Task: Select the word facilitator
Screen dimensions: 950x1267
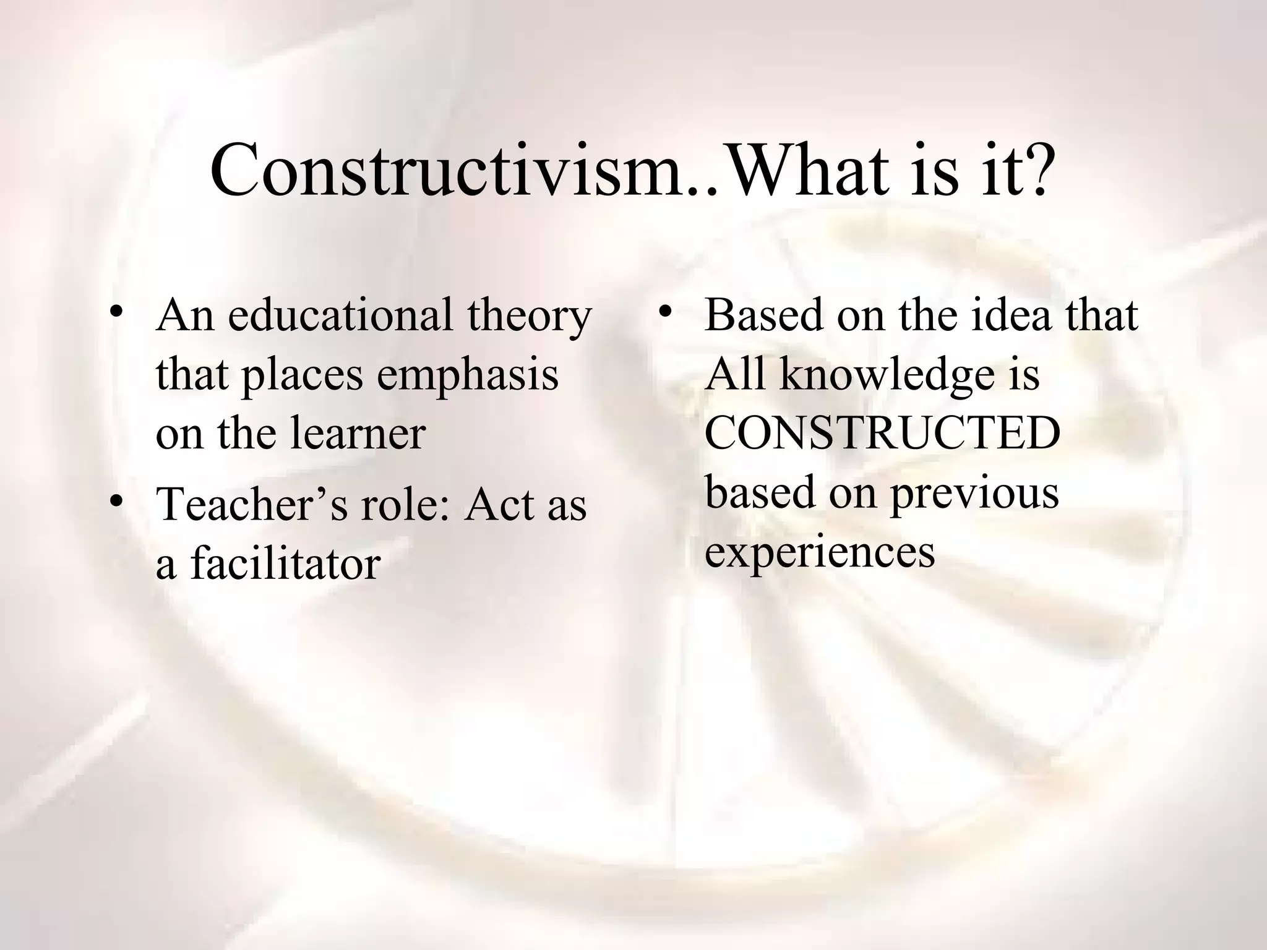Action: pyautogui.click(x=285, y=563)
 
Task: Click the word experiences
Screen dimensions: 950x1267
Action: pyautogui.click(x=820, y=552)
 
